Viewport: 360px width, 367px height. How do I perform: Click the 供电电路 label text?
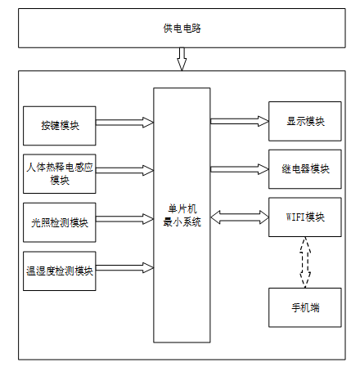pos(182,29)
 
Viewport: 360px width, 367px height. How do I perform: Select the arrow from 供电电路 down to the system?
pos(182,59)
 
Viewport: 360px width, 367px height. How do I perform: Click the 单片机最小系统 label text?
pos(182,215)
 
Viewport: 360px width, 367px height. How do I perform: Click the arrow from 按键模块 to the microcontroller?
pos(124,123)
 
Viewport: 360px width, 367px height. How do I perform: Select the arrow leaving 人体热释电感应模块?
pos(124,170)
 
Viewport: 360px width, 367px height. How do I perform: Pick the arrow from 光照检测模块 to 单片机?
pos(124,219)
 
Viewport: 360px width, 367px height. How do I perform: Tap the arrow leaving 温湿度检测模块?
pos(124,268)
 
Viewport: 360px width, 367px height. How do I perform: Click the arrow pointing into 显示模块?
pos(240,121)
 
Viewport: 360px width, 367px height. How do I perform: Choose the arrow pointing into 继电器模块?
pos(240,169)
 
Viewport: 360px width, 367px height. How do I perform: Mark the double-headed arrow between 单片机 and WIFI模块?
pos(240,217)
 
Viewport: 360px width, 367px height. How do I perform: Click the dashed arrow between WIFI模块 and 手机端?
pos(305,262)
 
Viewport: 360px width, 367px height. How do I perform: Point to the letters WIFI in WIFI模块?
pos(295,217)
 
